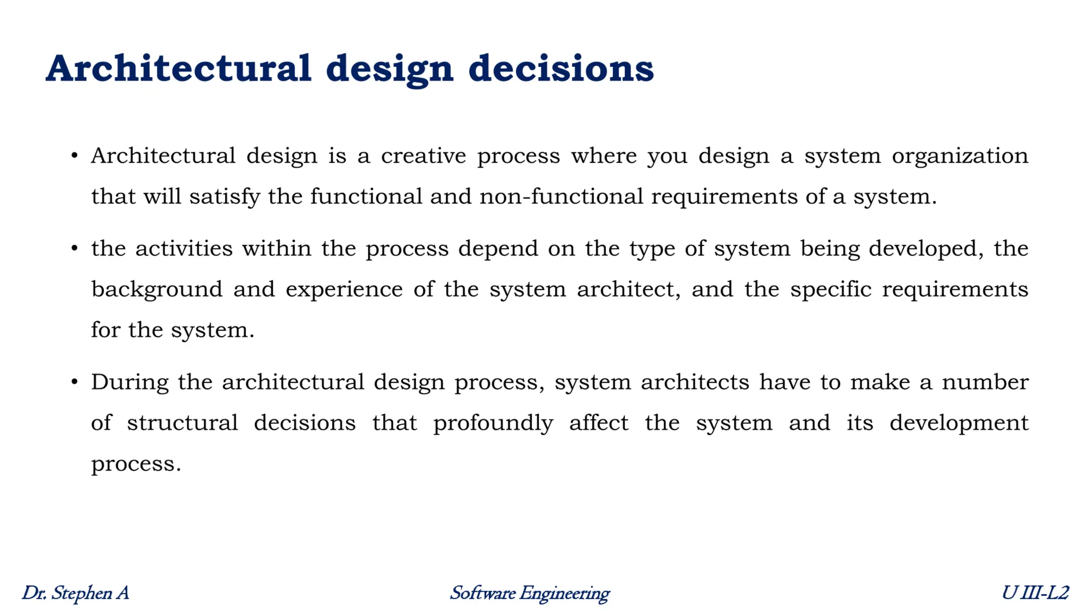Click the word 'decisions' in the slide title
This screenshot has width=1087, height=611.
[561, 69]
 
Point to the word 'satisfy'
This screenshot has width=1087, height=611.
[225, 197]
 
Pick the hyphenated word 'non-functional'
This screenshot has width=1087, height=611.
[561, 197]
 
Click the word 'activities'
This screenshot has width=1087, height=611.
[184, 249]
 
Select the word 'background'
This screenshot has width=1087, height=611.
[157, 290]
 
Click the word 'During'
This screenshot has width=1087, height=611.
[130, 382]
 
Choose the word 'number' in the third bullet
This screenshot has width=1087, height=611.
[985, 382]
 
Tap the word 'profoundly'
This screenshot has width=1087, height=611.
[493, 424]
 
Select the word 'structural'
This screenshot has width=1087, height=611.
[182, 423]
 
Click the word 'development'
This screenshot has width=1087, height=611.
[959, 424]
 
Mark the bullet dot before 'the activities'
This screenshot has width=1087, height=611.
[75, 248]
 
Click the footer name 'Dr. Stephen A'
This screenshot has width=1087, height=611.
[75, 593]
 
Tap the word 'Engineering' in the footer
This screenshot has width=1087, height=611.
[564, 593]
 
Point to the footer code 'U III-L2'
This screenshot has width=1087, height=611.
[1035, 593]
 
